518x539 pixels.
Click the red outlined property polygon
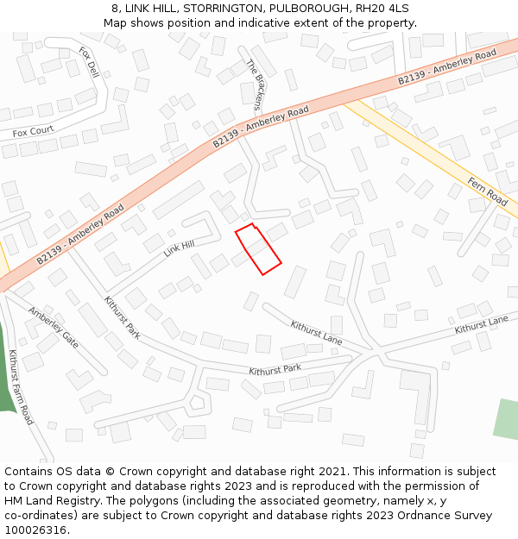[x=258, y=249]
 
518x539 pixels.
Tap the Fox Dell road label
[x=89, y=63]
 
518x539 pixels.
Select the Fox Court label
[x=33, y=131]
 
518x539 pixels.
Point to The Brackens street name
[x=255, y=85]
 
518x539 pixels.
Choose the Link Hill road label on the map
[x=179, y=249]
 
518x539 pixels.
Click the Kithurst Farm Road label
[x=21, y=387]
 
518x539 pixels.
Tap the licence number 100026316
[x=35, y=530]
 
